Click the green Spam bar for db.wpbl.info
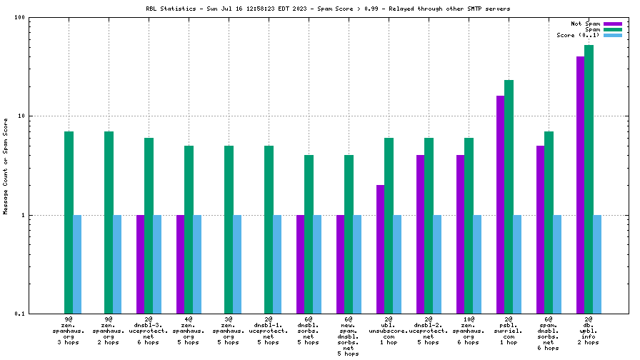pyautogui.click(x=589, y=179)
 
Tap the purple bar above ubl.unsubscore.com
pyautogui.click(x=381, y=249)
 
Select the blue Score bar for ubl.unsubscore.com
pyautogui.click(x=397, y=264)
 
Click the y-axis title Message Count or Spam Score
pyautogui.click(x=6, y=166)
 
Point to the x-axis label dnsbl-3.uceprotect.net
pyautogui.click(x=149, y=331)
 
